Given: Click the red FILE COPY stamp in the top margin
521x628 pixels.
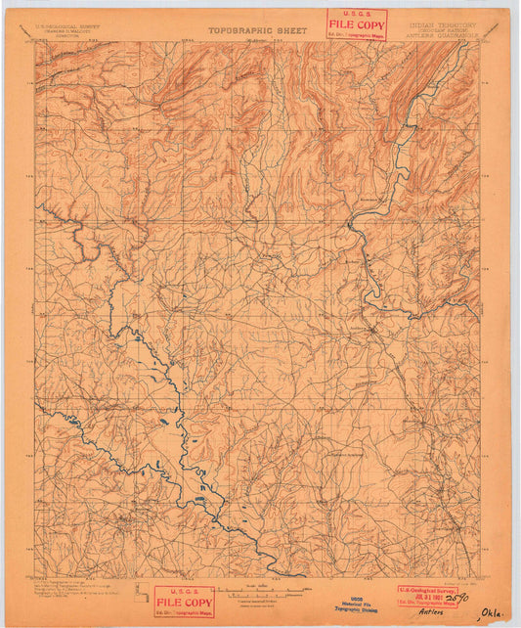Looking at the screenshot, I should click(357, 24).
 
